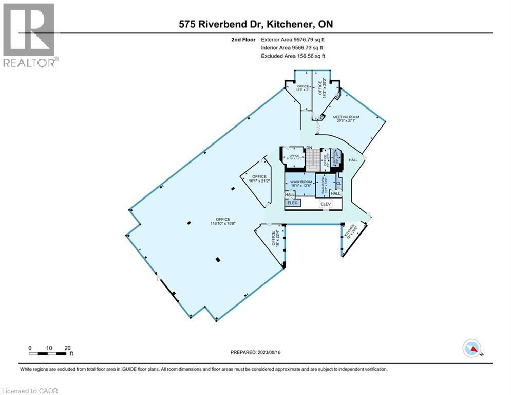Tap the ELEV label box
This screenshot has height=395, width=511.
click(324, 204)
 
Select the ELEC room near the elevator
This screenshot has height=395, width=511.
click(293, 203)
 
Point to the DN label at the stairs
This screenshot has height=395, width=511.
click(309, 148)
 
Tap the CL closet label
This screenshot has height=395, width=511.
click(338, 182)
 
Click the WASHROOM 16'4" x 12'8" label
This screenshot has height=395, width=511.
click(301, 184)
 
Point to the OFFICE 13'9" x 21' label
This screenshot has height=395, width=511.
click(302, 88)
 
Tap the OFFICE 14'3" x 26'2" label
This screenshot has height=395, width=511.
click(323, 88)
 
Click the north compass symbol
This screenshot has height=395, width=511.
click(471, 348)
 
